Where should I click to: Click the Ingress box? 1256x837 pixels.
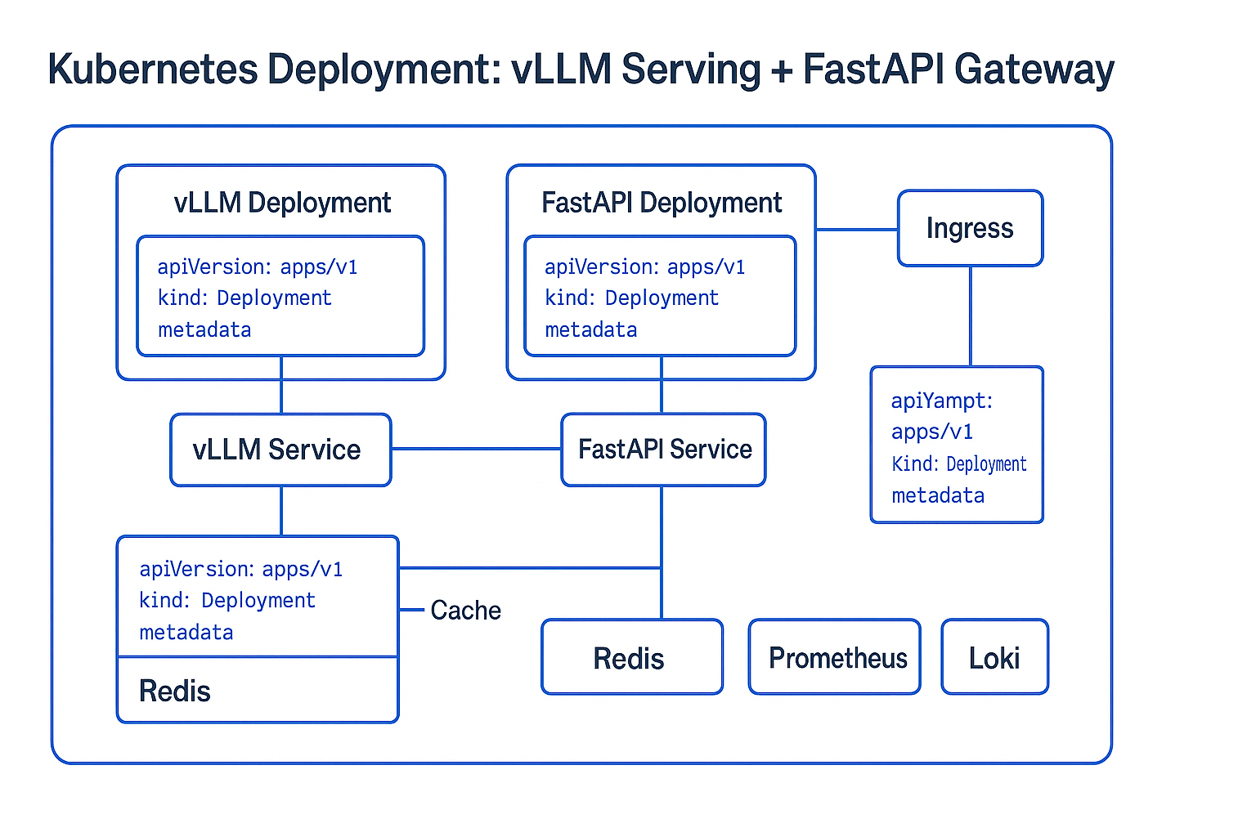tap(970, 228)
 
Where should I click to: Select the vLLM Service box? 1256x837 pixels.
tap(280, 450)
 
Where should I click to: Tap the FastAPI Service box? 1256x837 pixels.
tap(663, 450)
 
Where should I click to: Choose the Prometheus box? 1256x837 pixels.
tap(834, 657)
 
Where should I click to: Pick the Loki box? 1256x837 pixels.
tap(994, 657)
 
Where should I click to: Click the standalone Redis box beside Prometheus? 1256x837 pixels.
tap(631, 657)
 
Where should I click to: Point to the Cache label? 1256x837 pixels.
tap(465, 611)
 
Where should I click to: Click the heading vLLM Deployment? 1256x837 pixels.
tap(282, 203)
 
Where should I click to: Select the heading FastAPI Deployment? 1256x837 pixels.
tap(662, 203)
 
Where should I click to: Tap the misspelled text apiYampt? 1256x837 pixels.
tap(941, 401)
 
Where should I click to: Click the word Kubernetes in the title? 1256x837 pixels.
tap(152, 69)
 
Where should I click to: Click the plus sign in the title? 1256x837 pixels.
tap(781, 70)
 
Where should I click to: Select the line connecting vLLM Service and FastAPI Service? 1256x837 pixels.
tap(476, 449)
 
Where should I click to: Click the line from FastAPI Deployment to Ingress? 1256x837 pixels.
tap(857, 230)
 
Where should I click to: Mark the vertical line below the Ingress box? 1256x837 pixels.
tap(971, 316)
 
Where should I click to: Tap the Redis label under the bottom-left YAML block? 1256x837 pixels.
tap(175, 692)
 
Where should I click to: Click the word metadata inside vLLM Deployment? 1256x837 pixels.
tap(204, 330)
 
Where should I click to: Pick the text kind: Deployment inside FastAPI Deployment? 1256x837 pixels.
tap(631, 298)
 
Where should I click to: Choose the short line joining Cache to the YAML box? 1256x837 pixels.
tap(411, 610)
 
